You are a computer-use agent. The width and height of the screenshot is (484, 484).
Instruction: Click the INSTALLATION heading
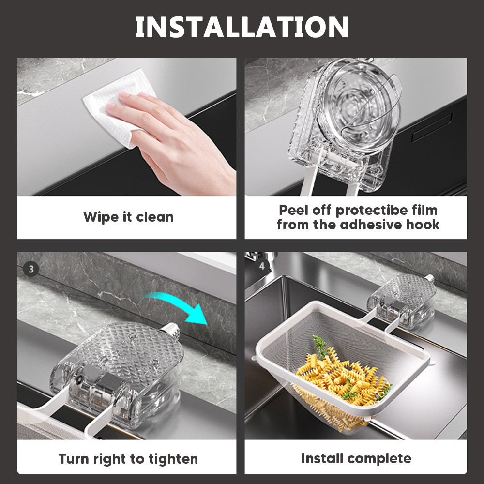(242, 27)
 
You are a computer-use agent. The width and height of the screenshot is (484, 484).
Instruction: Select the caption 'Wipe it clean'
(128, 217)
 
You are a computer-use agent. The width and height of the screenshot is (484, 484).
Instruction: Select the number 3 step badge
(30, 269)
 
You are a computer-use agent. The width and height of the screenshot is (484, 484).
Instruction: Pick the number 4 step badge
(262, 266)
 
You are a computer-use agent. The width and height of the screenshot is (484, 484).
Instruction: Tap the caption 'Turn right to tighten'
(128, 459)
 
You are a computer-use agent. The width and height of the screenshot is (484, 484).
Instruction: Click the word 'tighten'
(173, 459)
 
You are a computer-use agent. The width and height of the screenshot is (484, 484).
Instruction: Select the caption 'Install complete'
(356, 458)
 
